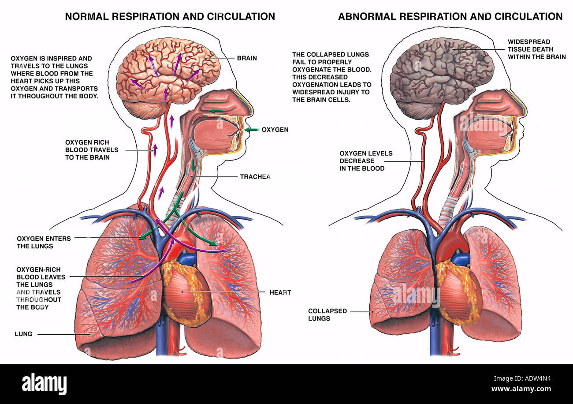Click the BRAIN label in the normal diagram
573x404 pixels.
click(247, 58)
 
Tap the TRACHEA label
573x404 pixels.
click(255, 177)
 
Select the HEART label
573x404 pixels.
click(280, 292)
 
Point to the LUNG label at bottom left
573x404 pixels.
click(23, 334)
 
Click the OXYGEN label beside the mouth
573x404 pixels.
click(275, 130)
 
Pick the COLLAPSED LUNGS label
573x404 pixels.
click(327, 314)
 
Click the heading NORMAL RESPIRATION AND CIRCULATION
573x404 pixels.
click(170, 17)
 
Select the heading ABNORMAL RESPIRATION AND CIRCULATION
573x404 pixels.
click(450, 17)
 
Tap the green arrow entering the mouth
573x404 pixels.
click(252, 130)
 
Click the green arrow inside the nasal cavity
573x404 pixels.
click(216, 111)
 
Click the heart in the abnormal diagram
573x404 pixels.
click(459, 295)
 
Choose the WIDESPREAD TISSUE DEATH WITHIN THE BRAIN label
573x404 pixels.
click(536, 49)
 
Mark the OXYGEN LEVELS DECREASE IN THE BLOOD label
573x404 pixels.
click(366, 161)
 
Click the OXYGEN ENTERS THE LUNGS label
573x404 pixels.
click(44, 242)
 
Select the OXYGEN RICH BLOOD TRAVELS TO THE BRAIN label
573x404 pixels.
click(92, 150)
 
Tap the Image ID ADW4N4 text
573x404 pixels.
click(522, 378)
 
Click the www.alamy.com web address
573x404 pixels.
click(521, 389)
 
